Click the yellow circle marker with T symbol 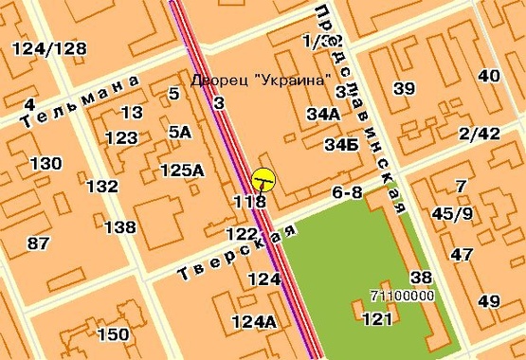(x=263, y=179)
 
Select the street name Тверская (x=237, y=252)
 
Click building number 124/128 (x=51, y=48)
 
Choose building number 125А (x=182, y=171)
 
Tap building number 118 (x=249, y=201)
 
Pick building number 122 (x=242, y=233)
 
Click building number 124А (x=253, y=322)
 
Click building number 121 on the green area (x=377, y=319)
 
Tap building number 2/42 (x=478, y=134)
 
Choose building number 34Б (x=341, y=146)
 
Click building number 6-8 (x=348, y=192)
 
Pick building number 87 (x=39, y=243)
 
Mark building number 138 (x=119, y=227)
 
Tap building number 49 (x=489, y=302)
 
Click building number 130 (x=45, y=164)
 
